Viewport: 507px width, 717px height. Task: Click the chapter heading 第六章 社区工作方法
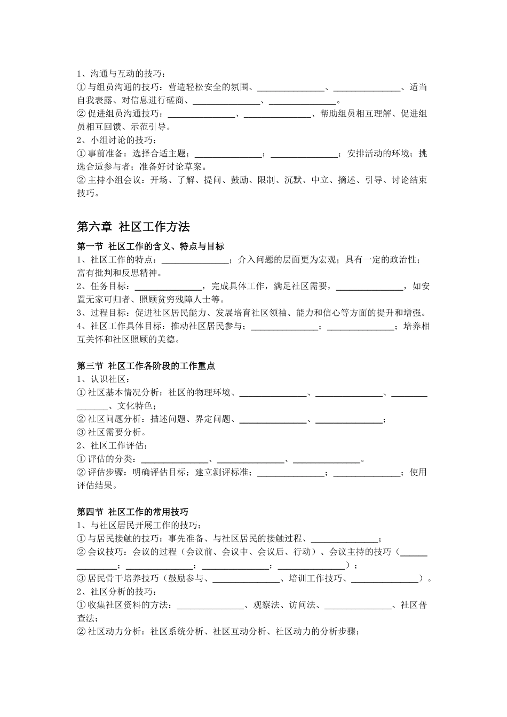[x=133, y=227]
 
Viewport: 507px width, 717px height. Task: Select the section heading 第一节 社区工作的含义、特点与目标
[x=150, y=246]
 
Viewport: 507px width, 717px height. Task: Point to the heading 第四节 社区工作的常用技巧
[x=132, y=512]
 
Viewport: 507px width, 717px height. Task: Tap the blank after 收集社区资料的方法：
[x=210, y=605]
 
